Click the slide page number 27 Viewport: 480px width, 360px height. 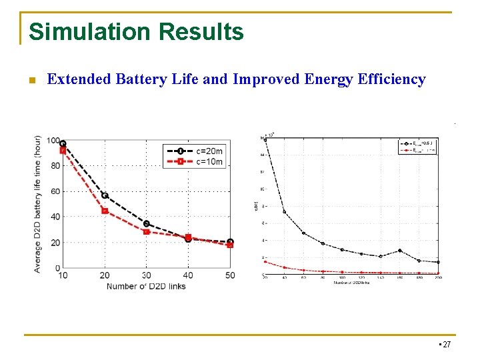coord(446,345)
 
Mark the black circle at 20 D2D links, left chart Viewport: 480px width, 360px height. coord(105,195)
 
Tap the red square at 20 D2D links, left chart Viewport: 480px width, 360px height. coord(105,211)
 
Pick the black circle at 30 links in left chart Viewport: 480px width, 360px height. coord(147,223)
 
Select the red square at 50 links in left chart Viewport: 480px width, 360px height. coord(230,245)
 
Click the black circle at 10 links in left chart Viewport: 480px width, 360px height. coord(63,143)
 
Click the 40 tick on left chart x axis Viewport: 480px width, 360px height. coord(188,276)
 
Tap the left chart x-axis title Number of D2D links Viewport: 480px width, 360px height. coord(146,286)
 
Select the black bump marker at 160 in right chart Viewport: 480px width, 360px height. coord(400,251)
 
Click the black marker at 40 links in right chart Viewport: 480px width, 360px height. coord(285,212)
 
